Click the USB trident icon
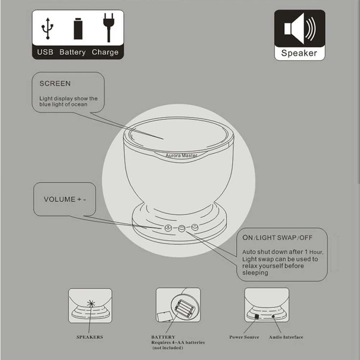tap(47, 28)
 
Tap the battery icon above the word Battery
tap(78, 29)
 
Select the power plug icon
tap(109, 28)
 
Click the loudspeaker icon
tap(300, 28)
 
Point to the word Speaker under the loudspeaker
tap(299, 53)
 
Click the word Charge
tap(105, 53)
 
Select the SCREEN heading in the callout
tap(55, 83)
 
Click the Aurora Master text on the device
tap(181, 155)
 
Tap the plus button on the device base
tap(168, 228)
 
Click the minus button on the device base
tap(195, 227)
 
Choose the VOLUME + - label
tap(65, 199)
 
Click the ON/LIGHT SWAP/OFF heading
tap(277, 238)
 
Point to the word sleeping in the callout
tap(255, 273)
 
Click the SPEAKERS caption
tap(90, 337)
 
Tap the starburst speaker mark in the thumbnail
tap(91, 304)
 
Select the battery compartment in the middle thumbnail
tap(185, 308)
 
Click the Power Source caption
tap(244, 337)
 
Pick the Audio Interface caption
tap(286, 337)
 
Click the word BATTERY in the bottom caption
tap(163, 337)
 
